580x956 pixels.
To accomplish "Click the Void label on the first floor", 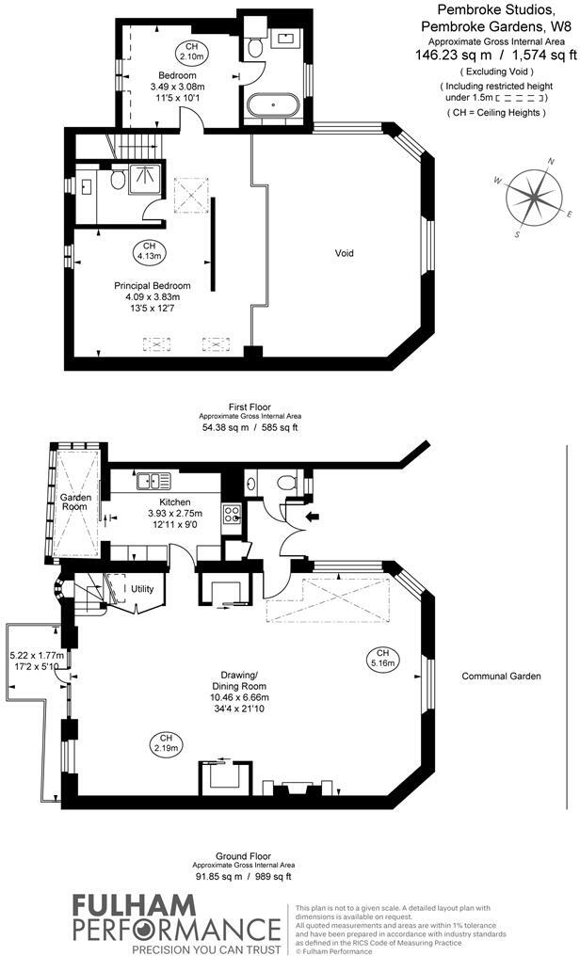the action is (x=344, y=253).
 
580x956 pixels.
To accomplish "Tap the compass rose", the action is (x=533, y=197).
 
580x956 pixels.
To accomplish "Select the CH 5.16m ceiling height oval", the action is (x=382, y=658).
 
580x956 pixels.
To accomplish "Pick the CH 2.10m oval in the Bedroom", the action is (x=191, y=51).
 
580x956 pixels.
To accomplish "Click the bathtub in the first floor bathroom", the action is (x=273, y=104).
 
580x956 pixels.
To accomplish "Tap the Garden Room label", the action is (x=75, y=502).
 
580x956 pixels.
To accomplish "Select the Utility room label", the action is (x=142, y=589).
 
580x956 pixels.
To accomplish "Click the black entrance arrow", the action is (x=313, y=517).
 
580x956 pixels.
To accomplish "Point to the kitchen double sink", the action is (x=153, y=481).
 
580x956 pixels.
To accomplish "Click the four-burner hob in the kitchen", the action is (x=233, y=514).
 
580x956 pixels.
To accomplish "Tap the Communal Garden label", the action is (x=501, y=676).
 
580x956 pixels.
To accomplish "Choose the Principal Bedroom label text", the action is (x=153, y=285).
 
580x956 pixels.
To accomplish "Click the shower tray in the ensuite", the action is (x=146, y=179).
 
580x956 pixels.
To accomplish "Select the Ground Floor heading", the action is (x=243, y=856).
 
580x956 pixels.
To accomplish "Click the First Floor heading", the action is (x=250, y=406).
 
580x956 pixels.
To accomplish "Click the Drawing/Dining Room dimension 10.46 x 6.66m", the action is (x=239, y=697).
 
